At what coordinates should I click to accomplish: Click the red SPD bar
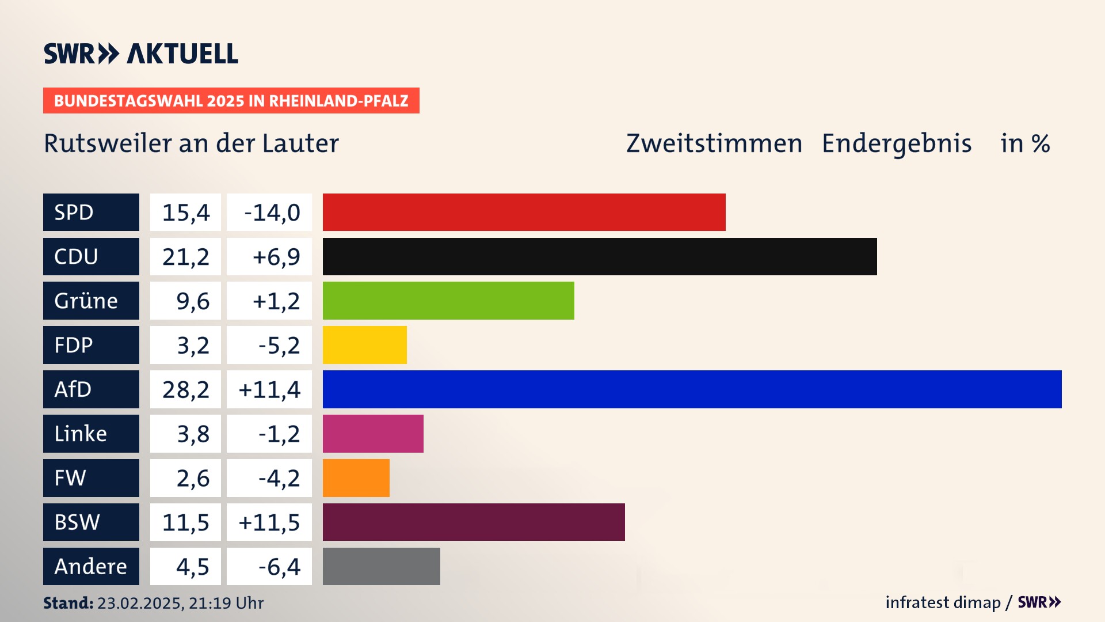tap(524, 212)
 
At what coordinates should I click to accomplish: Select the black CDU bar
tap(600, 256)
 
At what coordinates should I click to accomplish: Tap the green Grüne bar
tap(448, 301)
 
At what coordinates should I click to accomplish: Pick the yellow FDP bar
tap(364, 345)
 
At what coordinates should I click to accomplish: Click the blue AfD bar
tap(692, 389)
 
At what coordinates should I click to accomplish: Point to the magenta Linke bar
tap(373, 434)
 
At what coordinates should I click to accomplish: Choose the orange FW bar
tap(356, 478)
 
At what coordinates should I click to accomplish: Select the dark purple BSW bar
tap(474, 522)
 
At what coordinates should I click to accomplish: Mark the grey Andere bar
tap(381, 567)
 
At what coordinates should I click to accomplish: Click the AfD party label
tap(91, 389)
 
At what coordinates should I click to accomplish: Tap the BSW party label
tap(91, 522)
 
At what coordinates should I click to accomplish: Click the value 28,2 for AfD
tap(185, 389)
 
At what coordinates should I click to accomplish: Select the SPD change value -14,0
tap(269, 212)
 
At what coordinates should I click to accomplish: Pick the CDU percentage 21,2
tap(185, 256)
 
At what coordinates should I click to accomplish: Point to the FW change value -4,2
tap(269, 478)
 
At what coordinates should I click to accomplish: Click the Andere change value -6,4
tap(269, 567)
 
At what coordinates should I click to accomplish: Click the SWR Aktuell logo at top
tap(141, 54)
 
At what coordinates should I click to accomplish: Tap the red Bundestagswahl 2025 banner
tap(231, 101)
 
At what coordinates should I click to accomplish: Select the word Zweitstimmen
tap(714, 143)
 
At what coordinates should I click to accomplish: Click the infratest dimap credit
tap(943, 602)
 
